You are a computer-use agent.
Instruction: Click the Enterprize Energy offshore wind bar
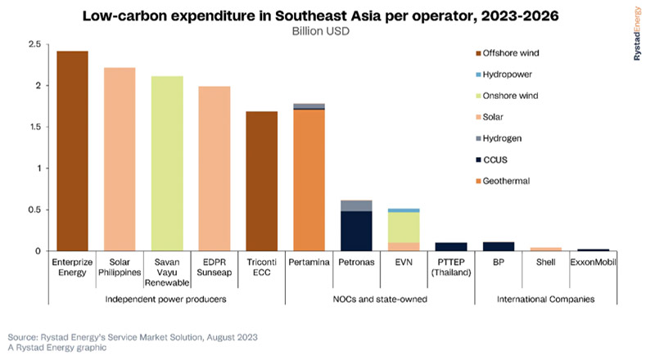(72, 151)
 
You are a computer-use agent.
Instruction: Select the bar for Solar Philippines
(120, 159)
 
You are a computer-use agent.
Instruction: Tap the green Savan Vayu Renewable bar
(167, 163)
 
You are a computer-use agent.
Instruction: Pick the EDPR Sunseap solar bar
(215, 168)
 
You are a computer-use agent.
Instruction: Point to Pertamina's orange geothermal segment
(309, 180)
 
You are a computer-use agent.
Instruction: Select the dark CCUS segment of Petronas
(356, 231)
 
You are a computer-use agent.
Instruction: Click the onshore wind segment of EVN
(404, 227)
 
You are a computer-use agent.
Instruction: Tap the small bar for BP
(499, 245)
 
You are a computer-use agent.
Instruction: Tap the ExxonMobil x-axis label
(593, 262)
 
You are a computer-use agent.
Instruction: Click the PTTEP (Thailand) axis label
(451, 267)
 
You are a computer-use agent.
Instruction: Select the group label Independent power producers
(167, 299)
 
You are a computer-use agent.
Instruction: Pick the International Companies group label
(546, 299)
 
